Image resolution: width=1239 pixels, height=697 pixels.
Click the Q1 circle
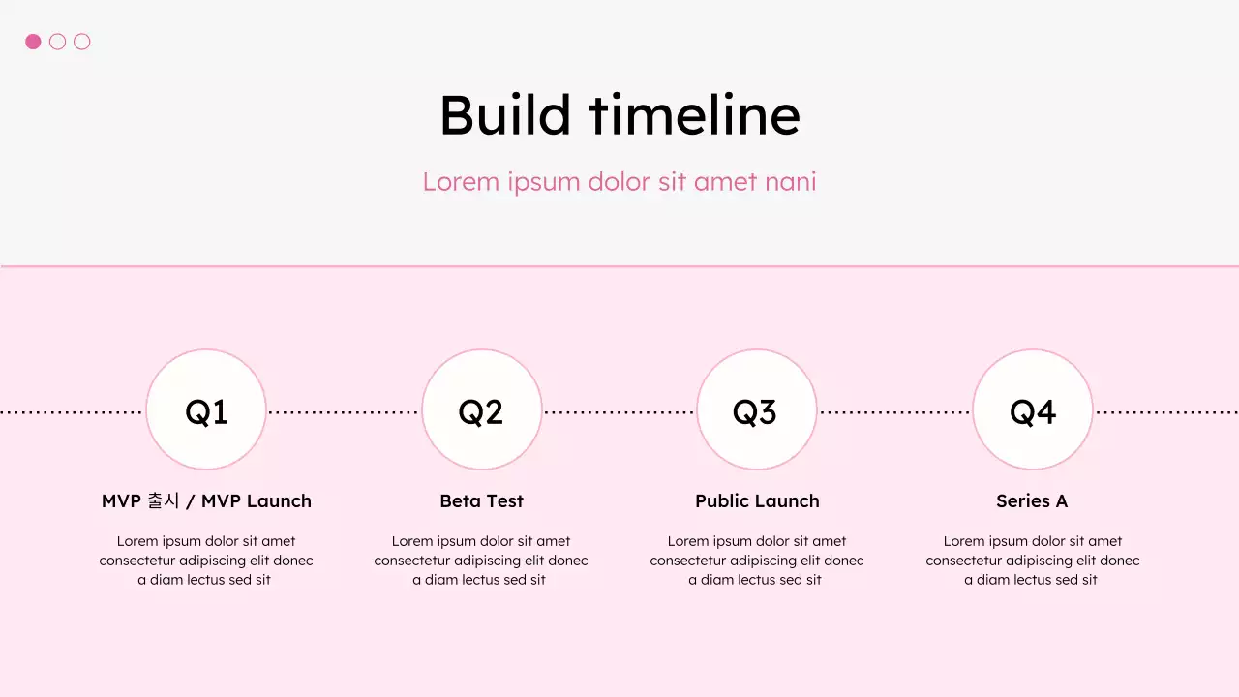click(206, 410)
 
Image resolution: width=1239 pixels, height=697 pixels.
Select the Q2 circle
click(481, 410)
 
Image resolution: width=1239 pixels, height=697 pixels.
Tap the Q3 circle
click(756, 410)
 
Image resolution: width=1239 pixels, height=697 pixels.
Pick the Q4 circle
click(1032, 410)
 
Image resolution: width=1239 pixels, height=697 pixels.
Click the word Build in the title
click(505, 114)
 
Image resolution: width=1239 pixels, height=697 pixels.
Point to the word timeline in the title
click(695, 114)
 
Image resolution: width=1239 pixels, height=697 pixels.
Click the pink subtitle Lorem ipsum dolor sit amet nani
click(619, 181)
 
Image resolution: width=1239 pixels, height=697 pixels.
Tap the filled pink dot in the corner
click(33, 42)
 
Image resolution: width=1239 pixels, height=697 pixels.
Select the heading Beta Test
click(481, 501)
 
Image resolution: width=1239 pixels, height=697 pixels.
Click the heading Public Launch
click(757, 501)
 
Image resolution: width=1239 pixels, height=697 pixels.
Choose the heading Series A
click(1032, 501)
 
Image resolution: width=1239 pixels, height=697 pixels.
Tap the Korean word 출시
click(163, 501)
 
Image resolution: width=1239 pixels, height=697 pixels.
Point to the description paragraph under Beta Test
click(481, 561)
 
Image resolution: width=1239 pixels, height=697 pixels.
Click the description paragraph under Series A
click(1032, 561)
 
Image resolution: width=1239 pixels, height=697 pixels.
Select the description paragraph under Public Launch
click(757, 561)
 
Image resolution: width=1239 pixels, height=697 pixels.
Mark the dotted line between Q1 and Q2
click(344, 412)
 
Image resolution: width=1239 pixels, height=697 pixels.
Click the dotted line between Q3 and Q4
click(894, 412)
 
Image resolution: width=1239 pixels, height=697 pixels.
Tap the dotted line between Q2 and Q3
click(619, 412)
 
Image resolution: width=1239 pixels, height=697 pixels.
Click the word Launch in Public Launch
click(787, 501)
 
